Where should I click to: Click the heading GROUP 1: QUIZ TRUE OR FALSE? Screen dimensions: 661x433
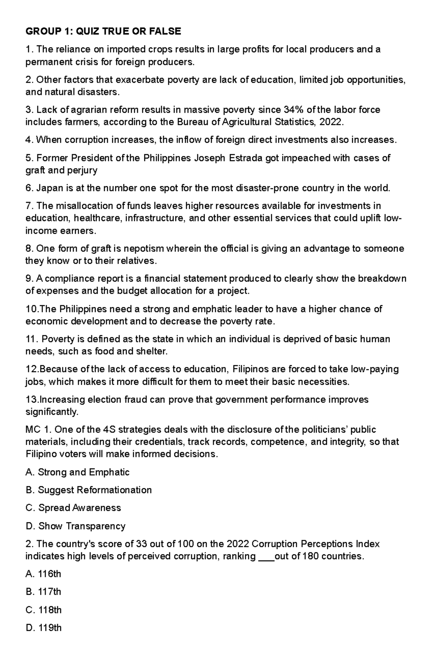[103, 32]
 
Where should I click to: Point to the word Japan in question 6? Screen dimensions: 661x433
[49, 188]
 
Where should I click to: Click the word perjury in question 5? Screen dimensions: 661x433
[82, 170]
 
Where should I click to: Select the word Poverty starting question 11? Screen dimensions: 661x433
[58, 339]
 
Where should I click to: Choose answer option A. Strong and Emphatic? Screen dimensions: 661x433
[77, 472]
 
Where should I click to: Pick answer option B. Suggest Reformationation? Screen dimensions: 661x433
[88, 490]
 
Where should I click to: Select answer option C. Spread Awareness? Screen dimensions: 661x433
[73, 508]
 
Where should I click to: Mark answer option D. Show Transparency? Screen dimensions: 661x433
[75, 526]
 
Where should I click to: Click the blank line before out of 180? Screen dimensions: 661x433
[266, 557]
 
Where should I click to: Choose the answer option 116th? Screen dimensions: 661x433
[43, 574]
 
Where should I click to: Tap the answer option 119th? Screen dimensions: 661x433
[44, 628]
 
